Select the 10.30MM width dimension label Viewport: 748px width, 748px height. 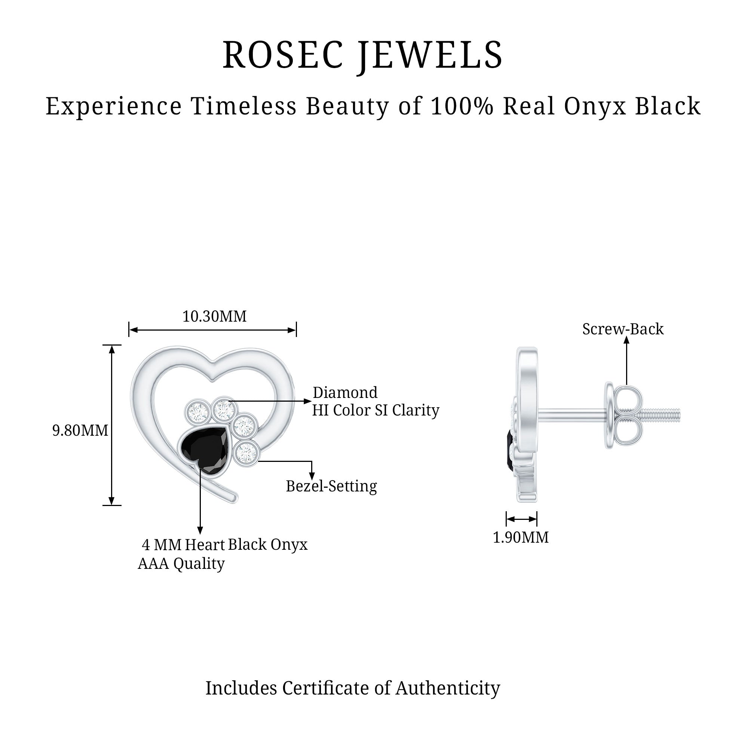coord(214,317)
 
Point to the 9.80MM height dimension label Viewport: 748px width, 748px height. coord(80,430)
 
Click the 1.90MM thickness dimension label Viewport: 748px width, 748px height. coord(520,537)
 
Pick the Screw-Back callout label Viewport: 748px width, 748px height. coord(623,329)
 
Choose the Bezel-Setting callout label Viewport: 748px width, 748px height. coord(331,486)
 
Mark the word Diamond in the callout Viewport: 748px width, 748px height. coord(345,393)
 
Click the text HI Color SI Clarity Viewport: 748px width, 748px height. coord(375,410)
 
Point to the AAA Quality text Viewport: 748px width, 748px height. coord(181,564)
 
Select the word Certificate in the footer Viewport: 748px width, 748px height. coord(326,689)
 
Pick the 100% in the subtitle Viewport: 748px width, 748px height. coord(462,106)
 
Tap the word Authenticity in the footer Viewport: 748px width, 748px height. coord(448,689)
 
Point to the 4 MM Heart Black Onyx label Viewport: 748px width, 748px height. coord(224,545)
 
